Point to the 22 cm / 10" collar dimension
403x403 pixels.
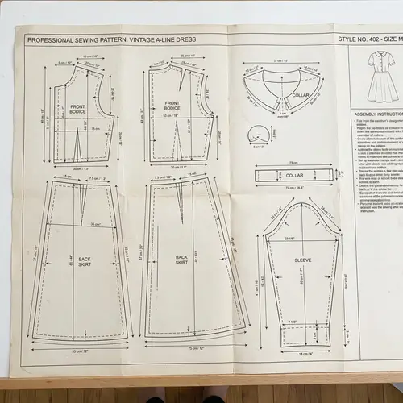pos(280,61)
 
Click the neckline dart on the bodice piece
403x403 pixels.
pos(183,82)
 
